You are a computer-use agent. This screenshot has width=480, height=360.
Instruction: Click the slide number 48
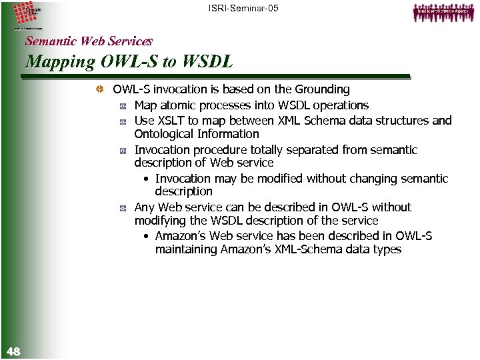[13, 351]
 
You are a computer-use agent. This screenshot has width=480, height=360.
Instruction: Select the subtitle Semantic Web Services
[89, 40]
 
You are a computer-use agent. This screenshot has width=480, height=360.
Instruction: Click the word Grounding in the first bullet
[322, 89]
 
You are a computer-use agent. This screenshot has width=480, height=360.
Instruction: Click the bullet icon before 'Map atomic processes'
[123, 106]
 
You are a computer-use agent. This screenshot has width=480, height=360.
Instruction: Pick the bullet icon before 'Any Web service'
[123, 208]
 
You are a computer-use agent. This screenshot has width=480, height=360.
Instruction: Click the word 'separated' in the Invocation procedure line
[307, 150]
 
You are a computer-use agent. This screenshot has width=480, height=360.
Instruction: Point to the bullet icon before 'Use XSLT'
[123, 121]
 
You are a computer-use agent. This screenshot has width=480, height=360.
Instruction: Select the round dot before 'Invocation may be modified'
[146, 179]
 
